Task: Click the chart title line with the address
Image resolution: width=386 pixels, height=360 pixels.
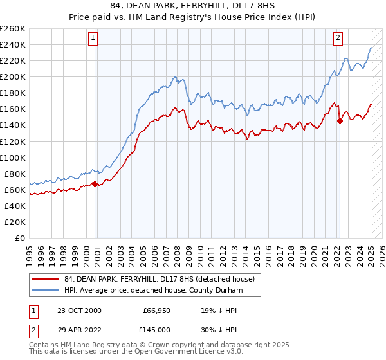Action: (x=193, y=6)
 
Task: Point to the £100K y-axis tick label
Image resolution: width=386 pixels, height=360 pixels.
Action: (x=13, y=157)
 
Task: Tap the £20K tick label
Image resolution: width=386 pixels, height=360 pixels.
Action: (x=15, y=222)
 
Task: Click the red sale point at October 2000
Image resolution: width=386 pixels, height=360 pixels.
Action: (x=95, y=184)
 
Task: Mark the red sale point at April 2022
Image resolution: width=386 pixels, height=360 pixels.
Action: (x=340, y=121)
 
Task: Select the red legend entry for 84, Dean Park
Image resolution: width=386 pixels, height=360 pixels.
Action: (x=159, y=279)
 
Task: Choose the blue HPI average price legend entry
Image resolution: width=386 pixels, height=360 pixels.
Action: (x=152, y=291)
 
